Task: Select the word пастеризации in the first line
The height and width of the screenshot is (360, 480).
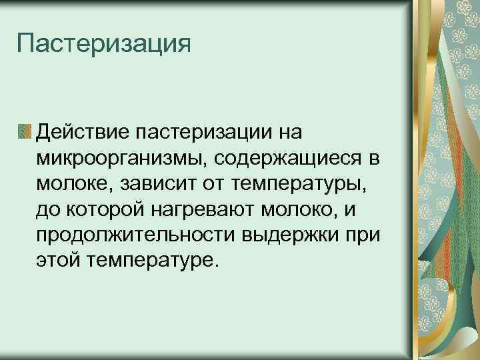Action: [x=203, y=131]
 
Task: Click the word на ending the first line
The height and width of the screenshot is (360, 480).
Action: [x=287, y=131]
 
